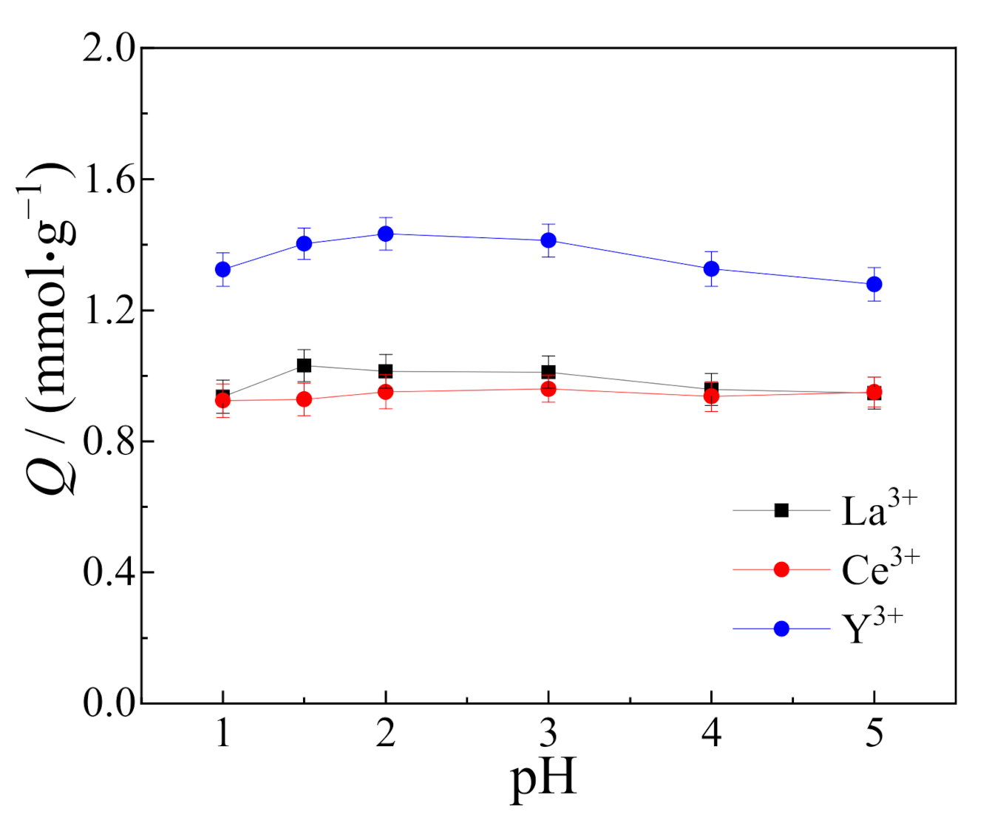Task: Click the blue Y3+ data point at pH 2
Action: (x=385, y=234)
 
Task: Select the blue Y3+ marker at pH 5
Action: (x=874, y=284)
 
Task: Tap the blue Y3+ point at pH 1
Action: (x=222, y=269)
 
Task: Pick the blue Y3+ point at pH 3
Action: (x=548, y=240)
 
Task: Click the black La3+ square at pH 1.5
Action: (x=304, y=365)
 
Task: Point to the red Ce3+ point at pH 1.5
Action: (x=304, y=399)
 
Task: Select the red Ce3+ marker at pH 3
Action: (x=548, y=389)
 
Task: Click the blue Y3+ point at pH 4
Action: (x=711, y=268)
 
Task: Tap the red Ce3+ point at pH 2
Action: (x=385, y=392)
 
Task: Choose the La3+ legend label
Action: (x=879, y=509)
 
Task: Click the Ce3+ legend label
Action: (x=880, y=569)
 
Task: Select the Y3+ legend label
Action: (x=872, y=629)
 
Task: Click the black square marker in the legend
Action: (x=781, y=510)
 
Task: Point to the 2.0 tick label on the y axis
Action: (x=109, y=49)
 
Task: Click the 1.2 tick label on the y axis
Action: (x=109, y=311)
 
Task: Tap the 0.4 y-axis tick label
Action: (x=109, y=572)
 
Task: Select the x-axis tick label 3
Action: (x=548, y=734)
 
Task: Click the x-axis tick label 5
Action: (x=874, y=734)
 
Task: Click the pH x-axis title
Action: (x=543, y=779)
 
